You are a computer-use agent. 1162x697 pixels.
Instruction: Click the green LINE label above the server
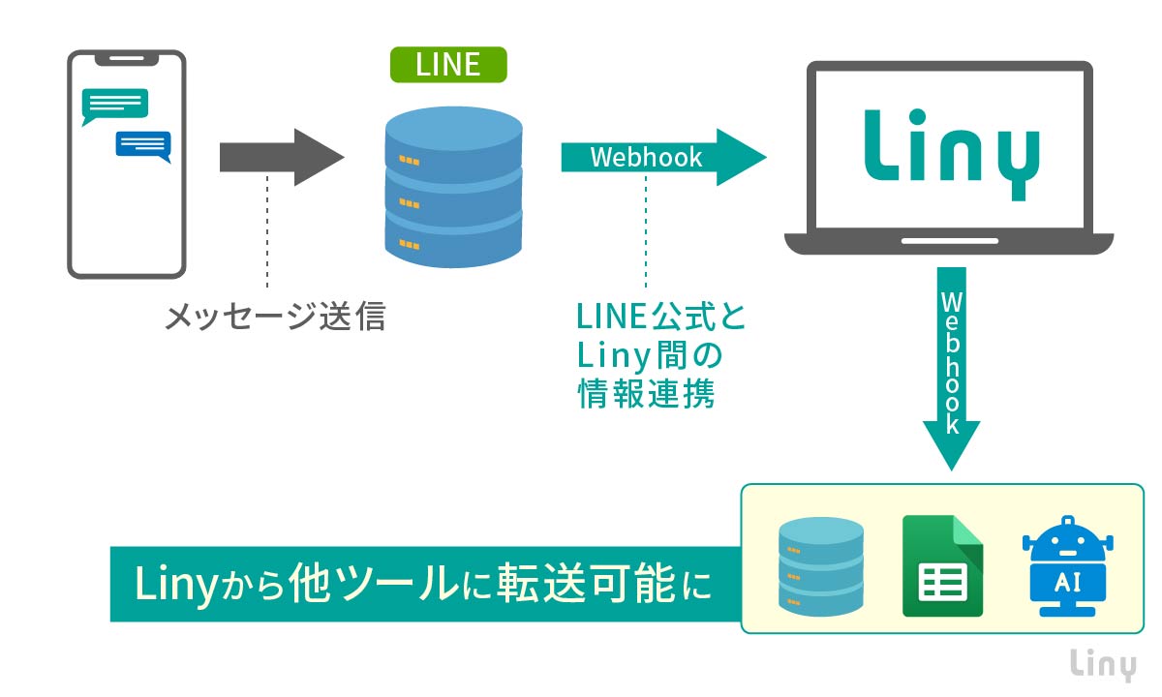click(x=447, y=64)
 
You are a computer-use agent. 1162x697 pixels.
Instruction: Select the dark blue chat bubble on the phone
click(x=142, y=145)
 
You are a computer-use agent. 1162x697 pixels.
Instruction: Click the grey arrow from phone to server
click(x=281, y=157)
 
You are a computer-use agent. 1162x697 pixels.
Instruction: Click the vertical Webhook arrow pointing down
click(x=951, y=368)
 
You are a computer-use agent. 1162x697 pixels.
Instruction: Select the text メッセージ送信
click(x=275, y=317)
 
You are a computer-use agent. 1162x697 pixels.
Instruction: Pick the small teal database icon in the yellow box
click(x=820, y=566)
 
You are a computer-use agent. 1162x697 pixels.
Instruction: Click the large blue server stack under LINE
click(x=453, y=189)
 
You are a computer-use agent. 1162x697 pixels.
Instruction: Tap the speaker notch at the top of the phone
click(x=126, y=57)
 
